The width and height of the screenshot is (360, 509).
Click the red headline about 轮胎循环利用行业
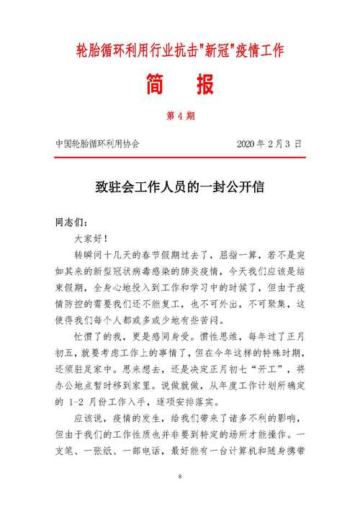point(180,50)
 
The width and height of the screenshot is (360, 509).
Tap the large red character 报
point(203,85)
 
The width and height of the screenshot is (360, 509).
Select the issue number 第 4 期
point(180,115)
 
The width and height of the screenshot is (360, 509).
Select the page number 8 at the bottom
point(180,477)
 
